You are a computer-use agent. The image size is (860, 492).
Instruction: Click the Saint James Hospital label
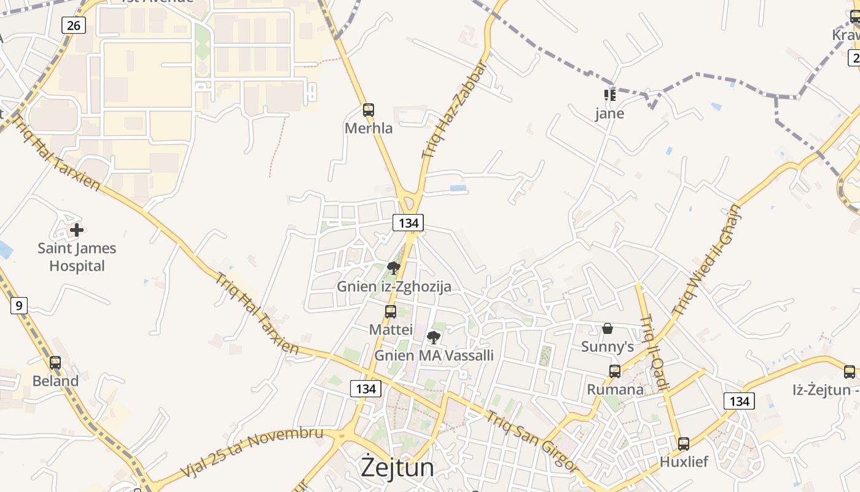pos(77,257)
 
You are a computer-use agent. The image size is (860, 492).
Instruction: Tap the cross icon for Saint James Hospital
pos(77,230)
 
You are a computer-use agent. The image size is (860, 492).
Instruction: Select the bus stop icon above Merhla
pos(369,110)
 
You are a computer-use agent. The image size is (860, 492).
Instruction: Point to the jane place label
pos(610,114)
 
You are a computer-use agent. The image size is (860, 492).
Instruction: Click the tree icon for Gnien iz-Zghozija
pos(394,268)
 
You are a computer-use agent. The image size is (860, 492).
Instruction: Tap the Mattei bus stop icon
pos(391,312)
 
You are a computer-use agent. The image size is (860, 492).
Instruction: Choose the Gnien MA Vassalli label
pos(434,355)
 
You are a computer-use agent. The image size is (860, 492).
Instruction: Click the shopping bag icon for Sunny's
pos(608,328)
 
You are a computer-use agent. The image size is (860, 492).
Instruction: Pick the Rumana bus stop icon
pos(615,371)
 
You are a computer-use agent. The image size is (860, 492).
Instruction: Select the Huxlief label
pos(684,461)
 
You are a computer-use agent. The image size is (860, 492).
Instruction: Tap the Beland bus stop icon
pos(55,363)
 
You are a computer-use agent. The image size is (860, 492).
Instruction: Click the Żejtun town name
pos(397,467)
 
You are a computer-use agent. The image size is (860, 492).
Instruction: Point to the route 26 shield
pos(74,25)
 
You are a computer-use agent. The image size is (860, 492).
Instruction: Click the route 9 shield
pos(19,305)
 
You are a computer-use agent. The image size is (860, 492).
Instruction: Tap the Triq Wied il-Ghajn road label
pos(707,260)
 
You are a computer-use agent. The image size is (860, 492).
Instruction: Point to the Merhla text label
pos(369,129)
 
